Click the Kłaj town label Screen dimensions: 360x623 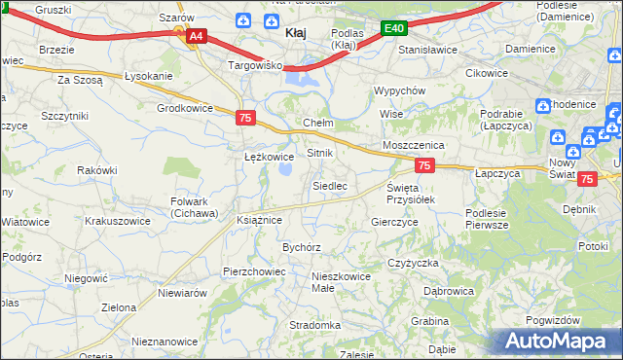click(x=296, y=33)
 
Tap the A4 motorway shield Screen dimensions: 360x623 click(x=197, y=36)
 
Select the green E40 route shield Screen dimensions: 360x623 click(x=393, y=29)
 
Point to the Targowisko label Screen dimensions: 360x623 click(x=254, y=65)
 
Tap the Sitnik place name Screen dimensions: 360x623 click(x=320, y=154)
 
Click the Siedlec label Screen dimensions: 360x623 click(x=330, y=185)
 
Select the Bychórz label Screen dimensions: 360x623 click(x=302, y=247)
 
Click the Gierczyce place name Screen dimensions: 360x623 click(x=395, y=222)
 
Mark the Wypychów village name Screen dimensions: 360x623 click(x=400, y=90)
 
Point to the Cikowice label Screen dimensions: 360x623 click(x=488, y=73)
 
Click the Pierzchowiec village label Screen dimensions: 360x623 click(x=252, y=271)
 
